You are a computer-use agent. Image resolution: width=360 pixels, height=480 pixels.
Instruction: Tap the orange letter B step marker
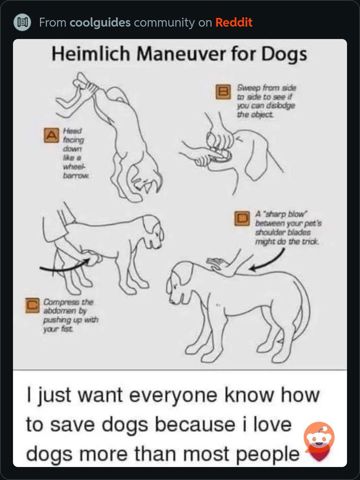[x=223, y=92]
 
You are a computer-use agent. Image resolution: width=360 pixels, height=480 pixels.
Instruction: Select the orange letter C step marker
[x=33, y=305]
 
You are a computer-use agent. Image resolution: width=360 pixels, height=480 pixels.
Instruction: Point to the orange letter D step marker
[x=242, y=218]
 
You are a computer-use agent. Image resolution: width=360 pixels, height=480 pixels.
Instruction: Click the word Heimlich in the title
[x=91, y=53]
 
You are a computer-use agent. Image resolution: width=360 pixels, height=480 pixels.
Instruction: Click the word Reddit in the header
[x=234, y=22]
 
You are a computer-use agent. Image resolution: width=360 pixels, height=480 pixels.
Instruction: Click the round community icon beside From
[x=22, y=23]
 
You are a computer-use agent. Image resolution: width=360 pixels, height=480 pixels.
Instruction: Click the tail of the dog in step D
[x=300, y=310]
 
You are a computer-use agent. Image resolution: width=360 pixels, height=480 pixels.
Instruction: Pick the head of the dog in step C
[x=152, y=231]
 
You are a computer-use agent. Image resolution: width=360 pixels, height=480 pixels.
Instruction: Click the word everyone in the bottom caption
[x=174, y=396]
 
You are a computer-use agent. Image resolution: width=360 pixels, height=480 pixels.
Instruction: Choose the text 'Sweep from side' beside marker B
[x=266, y=88]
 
